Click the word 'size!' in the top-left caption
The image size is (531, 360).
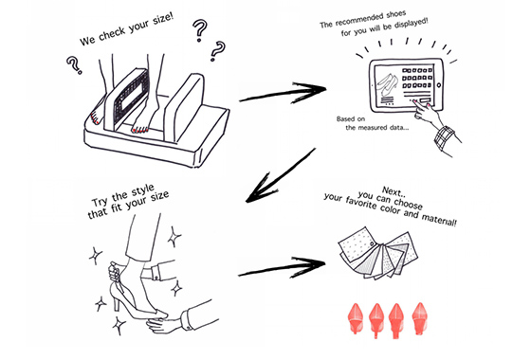pyautogui.click(x=163, y=21)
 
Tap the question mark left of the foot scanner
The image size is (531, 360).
pyautogui.click(x=74, y=64)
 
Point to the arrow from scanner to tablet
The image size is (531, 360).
pyautogui.click(x=283, y=92)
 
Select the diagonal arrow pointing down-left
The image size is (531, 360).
pyautogui.click(x=281, y=175)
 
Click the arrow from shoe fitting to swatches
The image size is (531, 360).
pyautogui.click(x=282, y=267)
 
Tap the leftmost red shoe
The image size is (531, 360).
pyautogui.click(x=356, y=318)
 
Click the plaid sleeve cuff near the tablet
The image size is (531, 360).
pyautogui.click(x=445, y=137)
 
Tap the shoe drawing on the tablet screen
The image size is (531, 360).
pyautogui.click(x=388, y=85)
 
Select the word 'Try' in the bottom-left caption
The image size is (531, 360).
pyautogui.click(x=100, y=202)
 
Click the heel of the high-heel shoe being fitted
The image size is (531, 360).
pyautogui.click(x=116, y=302)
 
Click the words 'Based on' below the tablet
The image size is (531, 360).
pyautogui.click(x=351, y=118)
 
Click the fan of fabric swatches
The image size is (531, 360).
pyautogui.click(x=378, y=253)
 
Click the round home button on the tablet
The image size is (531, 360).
pyautogui.click(x=439, y=85)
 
